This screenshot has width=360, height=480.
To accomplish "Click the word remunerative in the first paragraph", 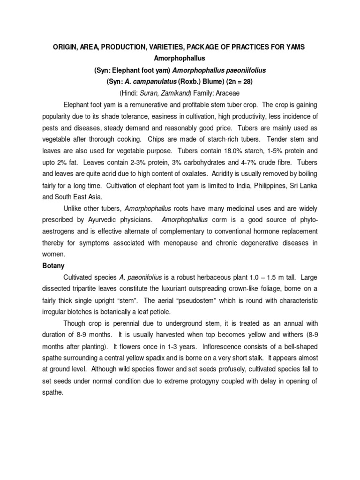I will click(x=146, y=105).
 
